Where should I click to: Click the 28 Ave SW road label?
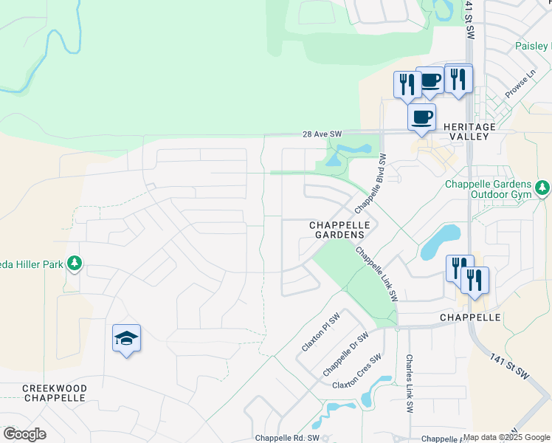[322, 134]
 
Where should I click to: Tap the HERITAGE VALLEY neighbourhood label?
[480, 132]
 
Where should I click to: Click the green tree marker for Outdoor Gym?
[543, 188]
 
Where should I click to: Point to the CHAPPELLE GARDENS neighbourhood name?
[337, 230]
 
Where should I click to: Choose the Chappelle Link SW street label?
[377, 273]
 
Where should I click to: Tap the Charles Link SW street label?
[409, 382]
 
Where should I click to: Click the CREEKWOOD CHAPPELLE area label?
[55, 393]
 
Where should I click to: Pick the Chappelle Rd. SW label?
[287, 438]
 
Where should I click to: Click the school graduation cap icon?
[126, 338]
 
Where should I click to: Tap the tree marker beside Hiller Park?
[74, 263]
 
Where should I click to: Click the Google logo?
[24, 434]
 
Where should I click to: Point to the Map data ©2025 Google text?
[506, 438]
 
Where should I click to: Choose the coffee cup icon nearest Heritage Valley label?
[421, 117]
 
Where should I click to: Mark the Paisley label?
[533, 46]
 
